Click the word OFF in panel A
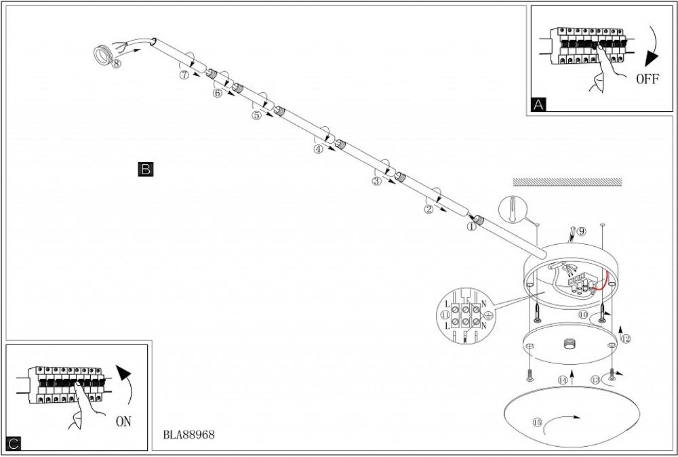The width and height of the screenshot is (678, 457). pyautogui.click(x=647, y=79)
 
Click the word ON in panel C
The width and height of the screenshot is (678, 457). pyautogui.click(x=123, y=422)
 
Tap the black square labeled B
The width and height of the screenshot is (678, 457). pyautogui.click(x=146, y=169)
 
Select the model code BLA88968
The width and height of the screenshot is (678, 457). pyautogui.click(x=189, y=435)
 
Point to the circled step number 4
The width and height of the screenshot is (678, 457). pyautogui.click(x=318, y=149)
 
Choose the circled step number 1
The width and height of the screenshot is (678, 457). pyautogui.click(x=472, y=226)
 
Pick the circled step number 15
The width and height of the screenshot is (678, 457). pyautogui.click(x=538, y=422)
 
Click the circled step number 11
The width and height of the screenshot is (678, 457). pyautogui.click(x=445, y=315)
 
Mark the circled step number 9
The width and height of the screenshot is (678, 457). pyautogui.click(x=582, y=231)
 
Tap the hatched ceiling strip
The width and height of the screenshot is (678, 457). pyautogui.click(x=567, y=182)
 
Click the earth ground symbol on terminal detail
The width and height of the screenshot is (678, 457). pyautogui.click(x=487, y=315)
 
